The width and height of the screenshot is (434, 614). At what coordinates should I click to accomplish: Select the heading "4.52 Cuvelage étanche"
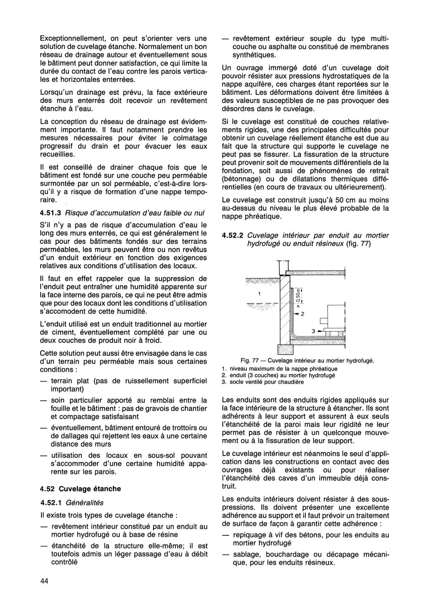[x=80, y=489]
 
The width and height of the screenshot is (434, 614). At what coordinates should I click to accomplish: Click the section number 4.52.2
[x=233, y=236]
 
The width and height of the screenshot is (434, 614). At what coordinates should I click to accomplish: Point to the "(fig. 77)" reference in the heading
[x=358, y=244]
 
